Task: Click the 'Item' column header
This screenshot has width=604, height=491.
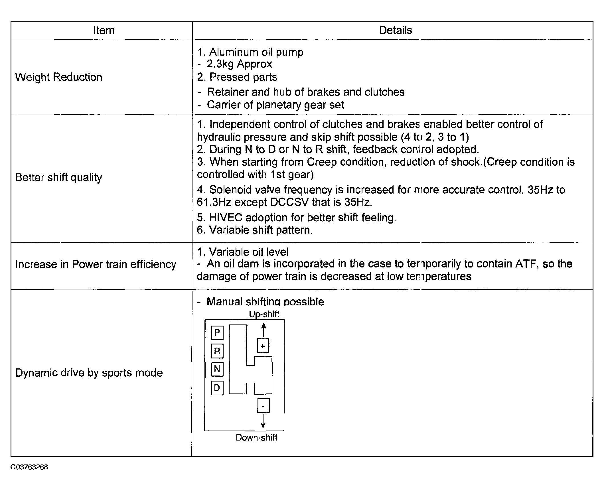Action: click(104, 31)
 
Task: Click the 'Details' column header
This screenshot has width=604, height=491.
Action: click(395, 30)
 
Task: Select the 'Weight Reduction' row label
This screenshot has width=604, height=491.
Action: click(59, 77)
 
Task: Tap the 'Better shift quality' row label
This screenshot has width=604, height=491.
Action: click(59, 177)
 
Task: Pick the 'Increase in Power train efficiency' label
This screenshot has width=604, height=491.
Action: click(96, 264)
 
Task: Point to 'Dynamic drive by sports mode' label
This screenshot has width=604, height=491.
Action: click(89, 373)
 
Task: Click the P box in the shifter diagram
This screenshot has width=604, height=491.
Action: click(217, 333)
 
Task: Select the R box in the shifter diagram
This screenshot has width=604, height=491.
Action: click(217, 351)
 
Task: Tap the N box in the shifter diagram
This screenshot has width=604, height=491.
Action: click(217, 369)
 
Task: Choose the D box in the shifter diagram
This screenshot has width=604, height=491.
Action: click(217, 388)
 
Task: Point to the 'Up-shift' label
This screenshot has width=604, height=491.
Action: click(264, 314)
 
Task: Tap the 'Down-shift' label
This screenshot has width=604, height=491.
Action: click(256, 438)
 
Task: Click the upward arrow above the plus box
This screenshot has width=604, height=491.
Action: click(264, 330)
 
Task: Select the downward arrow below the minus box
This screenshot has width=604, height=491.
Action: click(263, 421)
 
